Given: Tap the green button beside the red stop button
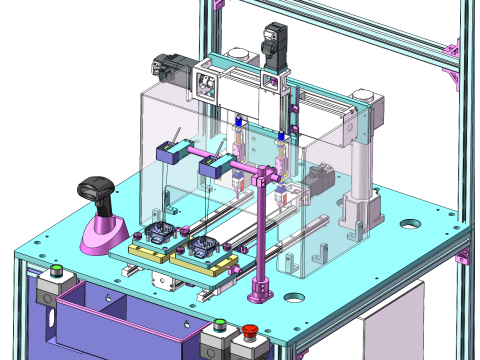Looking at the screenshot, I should tap(220, 324).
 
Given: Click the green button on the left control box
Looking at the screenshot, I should tap(57, 269).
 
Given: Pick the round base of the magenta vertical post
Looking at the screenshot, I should tap(261, 290).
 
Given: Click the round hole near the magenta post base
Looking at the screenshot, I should tap(293, 297).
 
